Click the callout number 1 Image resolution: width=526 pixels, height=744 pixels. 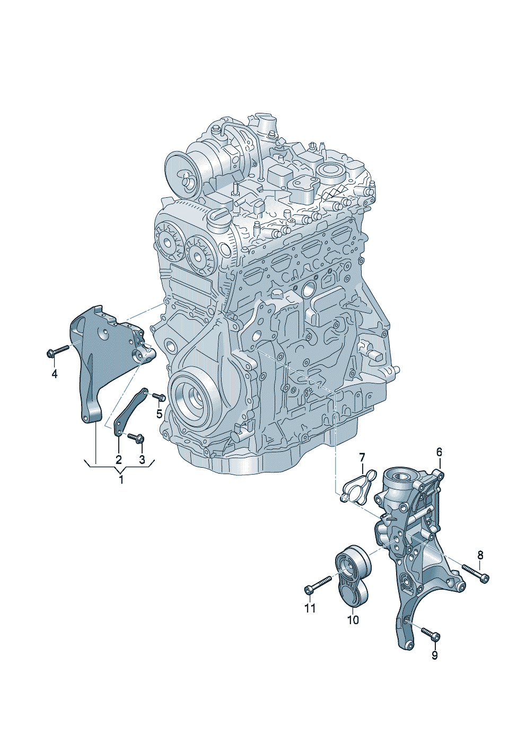(x=121, y=479)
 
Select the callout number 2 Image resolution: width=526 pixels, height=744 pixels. (x=119, y=460)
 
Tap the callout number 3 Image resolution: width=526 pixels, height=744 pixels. (x=142, y=460)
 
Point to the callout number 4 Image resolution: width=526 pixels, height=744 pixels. (x=55, y=374)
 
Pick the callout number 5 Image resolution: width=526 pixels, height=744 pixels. (x=159, y=414)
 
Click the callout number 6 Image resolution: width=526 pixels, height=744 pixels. (x=440, y=452)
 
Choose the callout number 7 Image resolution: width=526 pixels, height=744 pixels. (x=362, y=458)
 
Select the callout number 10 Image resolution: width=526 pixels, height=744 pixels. (x=353, y=619)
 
